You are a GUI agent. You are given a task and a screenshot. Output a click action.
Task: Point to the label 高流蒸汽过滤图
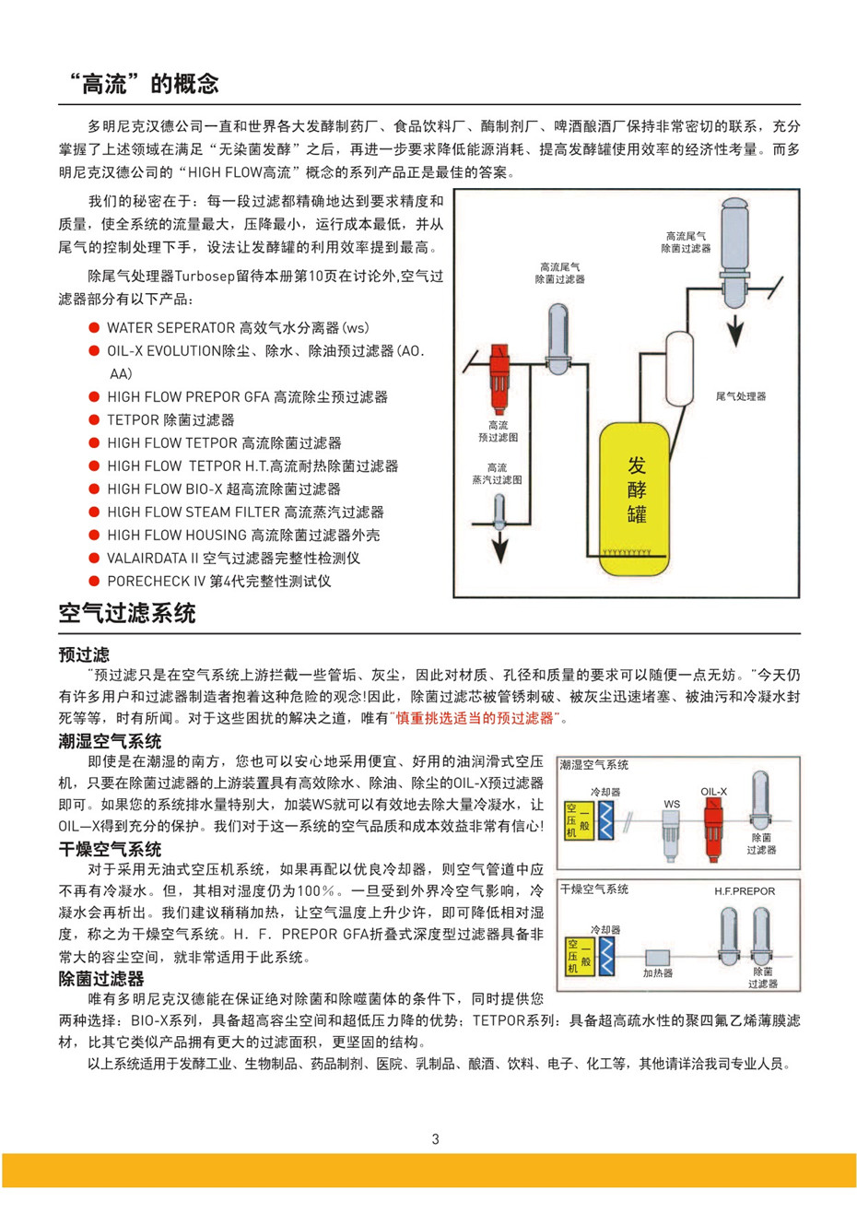(x=497, y=474)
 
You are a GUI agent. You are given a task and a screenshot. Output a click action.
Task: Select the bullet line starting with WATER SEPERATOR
(x=238, y=327)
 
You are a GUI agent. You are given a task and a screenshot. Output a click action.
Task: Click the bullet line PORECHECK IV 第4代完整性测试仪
(x=218, y=581)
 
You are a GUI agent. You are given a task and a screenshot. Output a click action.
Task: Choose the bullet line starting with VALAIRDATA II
(x=233, y=558)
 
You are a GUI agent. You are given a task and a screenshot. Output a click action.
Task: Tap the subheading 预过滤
(x=83, y=654)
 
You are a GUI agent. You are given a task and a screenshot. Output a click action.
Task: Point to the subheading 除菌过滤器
(x=100, y=978)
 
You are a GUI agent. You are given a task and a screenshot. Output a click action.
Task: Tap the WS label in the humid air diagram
(x=672, y=804)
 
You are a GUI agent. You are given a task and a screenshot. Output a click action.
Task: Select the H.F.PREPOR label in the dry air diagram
(x=745, y=891)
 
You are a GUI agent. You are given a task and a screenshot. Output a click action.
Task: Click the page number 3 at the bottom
(x=435, y=1139)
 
